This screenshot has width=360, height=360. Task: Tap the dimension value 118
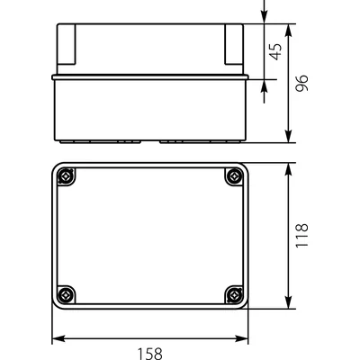coord(302,237)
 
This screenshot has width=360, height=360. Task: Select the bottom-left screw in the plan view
coord(65,293)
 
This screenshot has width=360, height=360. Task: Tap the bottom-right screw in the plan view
coord(234,293)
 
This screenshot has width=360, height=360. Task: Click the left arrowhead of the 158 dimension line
coord(55,339)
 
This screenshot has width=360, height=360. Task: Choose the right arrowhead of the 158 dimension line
coord(244,339)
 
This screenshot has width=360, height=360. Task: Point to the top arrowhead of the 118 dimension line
coord(287,168)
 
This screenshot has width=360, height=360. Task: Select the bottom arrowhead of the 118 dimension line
coord(287,303)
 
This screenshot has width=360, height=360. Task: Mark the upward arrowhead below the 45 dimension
coord(264,86)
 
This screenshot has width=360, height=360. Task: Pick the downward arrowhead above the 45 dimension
coord(264,16)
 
